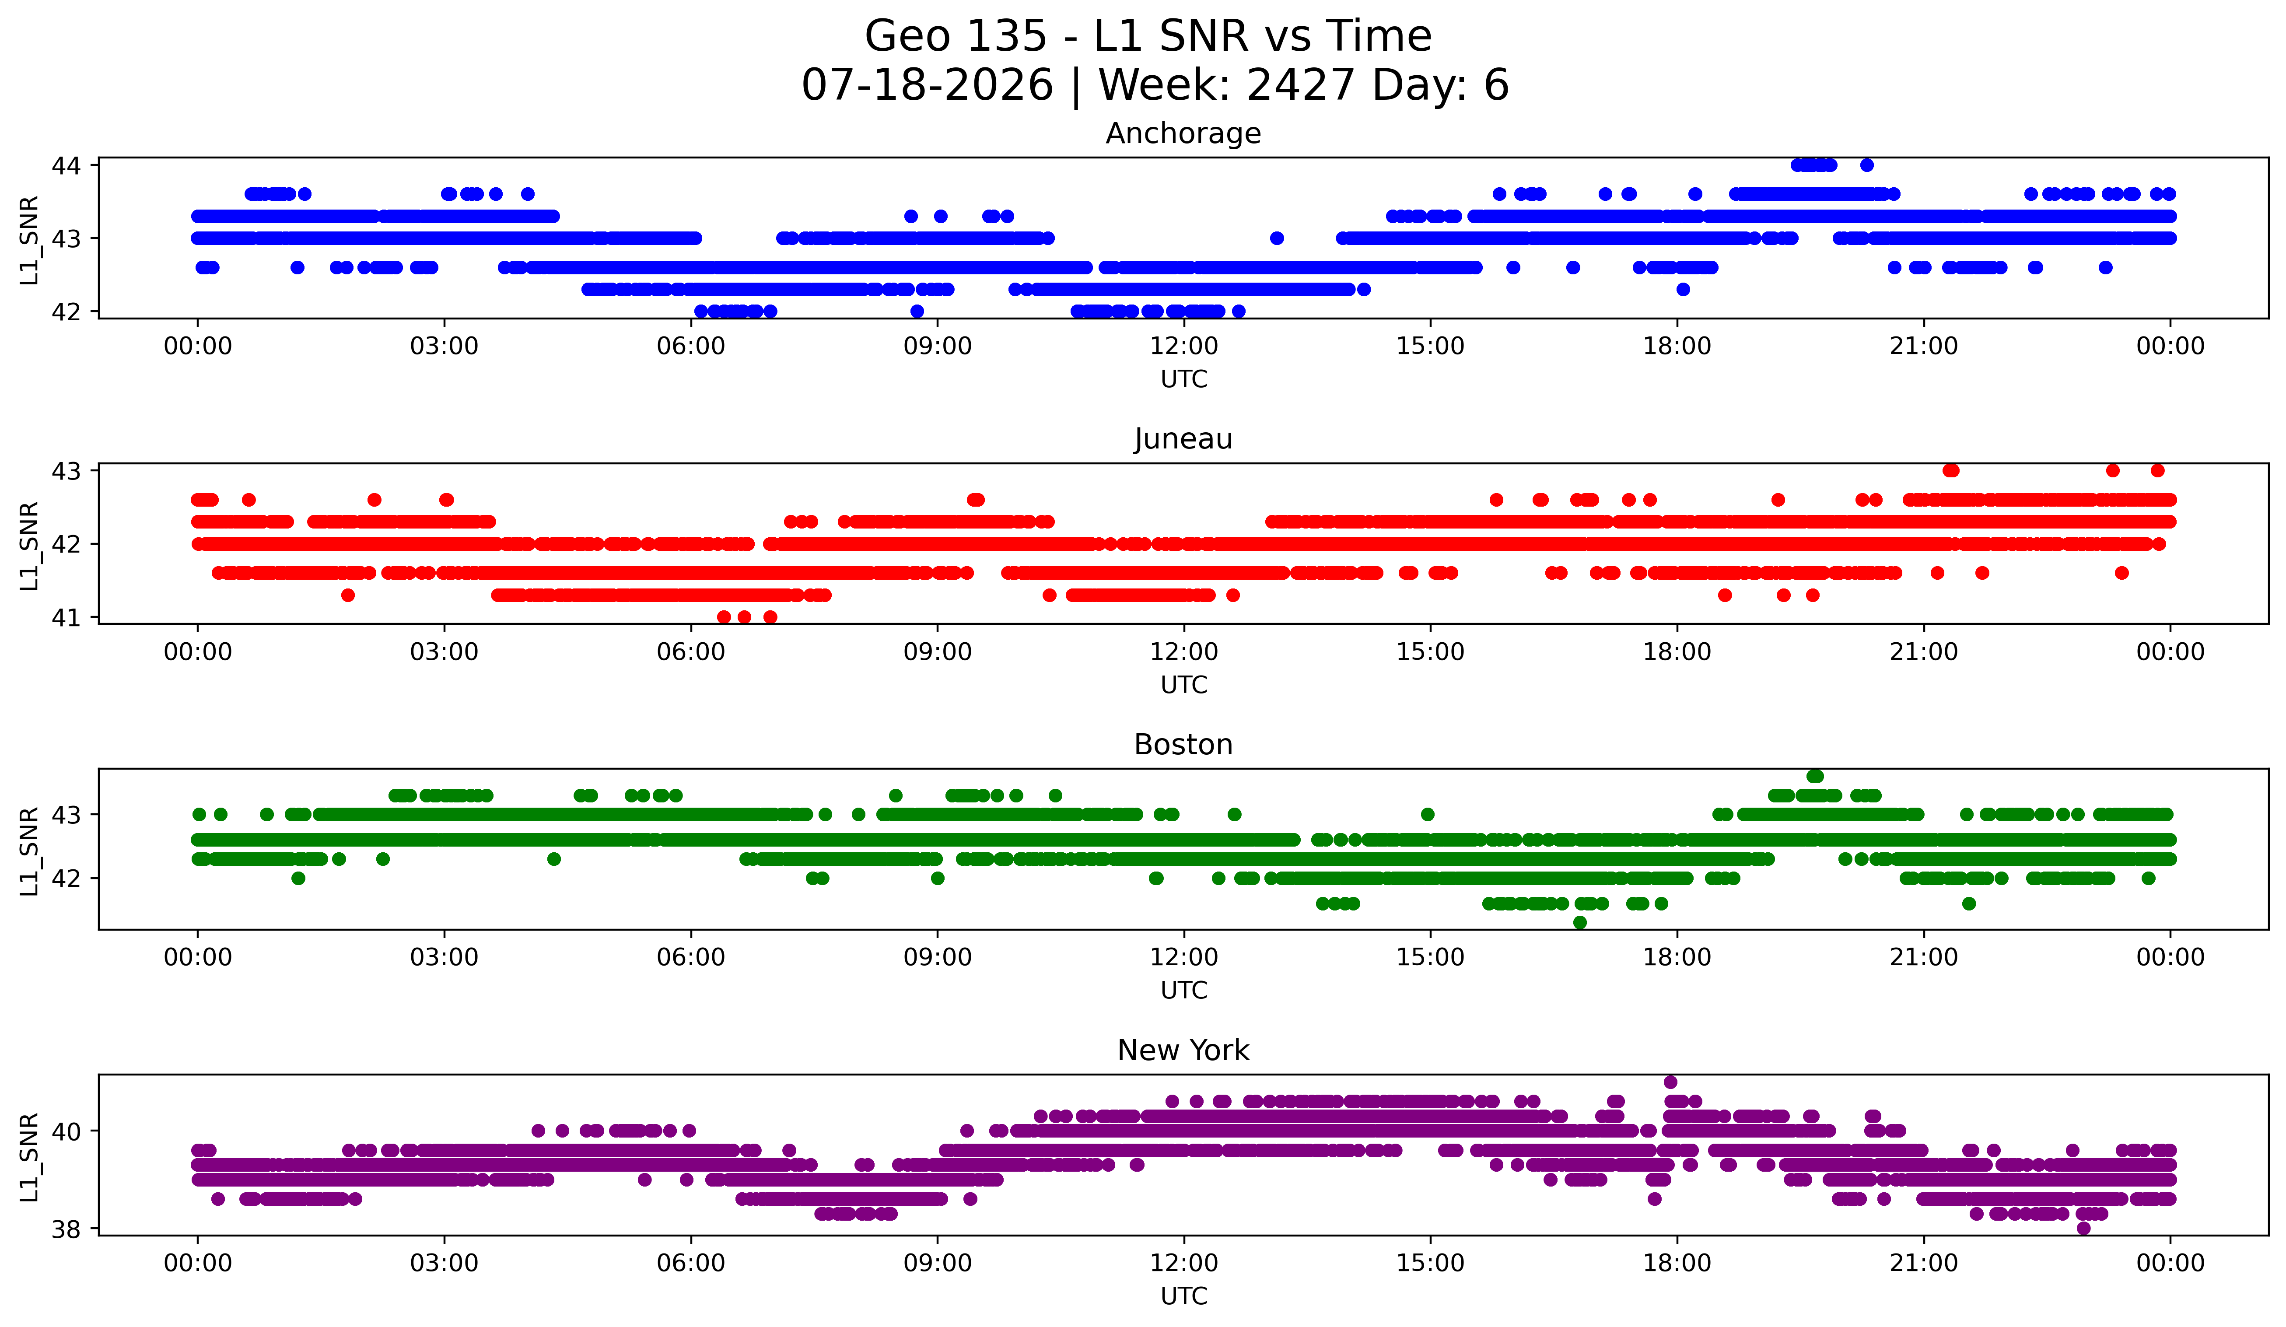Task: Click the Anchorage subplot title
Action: coord(1183,133)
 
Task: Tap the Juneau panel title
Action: coord(1183,439)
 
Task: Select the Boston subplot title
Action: coord(1183,745)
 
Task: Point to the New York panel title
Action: coord(1183,1050)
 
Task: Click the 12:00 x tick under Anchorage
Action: coord(1184,347)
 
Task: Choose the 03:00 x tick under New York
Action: coord(445,1264)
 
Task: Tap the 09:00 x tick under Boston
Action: coord(937,958)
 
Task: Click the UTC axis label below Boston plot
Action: coord(1184,991)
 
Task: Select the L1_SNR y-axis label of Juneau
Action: coord(29,545)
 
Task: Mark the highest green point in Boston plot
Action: coord(1814,777)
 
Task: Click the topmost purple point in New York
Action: coord(1670,1082)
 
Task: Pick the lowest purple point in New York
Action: coord(2084,1228)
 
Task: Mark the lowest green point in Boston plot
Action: coord(1580,922)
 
